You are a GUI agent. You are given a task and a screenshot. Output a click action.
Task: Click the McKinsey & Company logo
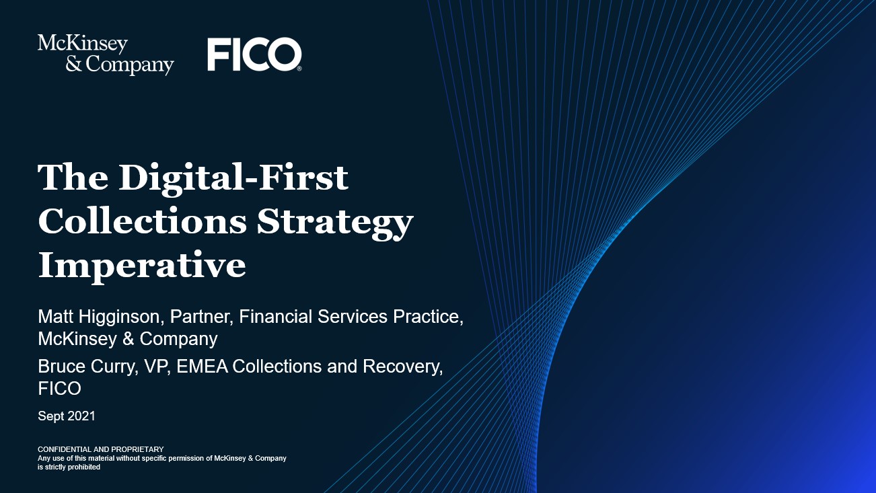(106, 54)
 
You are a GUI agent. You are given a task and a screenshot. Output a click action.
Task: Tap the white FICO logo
(254, 54)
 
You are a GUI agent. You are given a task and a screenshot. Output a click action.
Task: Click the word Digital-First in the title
(233, 178)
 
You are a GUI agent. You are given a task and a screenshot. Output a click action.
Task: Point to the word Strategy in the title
(335, 223)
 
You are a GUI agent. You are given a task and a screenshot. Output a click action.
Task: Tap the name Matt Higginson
(101, 317)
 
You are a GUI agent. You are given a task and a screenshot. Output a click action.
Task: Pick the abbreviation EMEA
(203, 367)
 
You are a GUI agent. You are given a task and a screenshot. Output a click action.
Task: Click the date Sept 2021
(67, 416)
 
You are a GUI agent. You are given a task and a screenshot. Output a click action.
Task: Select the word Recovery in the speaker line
(402, 367)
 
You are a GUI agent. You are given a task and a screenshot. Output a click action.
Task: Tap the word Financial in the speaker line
(275, 317)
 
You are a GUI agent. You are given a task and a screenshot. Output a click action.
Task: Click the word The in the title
(73, 177)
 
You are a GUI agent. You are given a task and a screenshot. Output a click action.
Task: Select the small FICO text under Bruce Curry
(59, 389)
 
